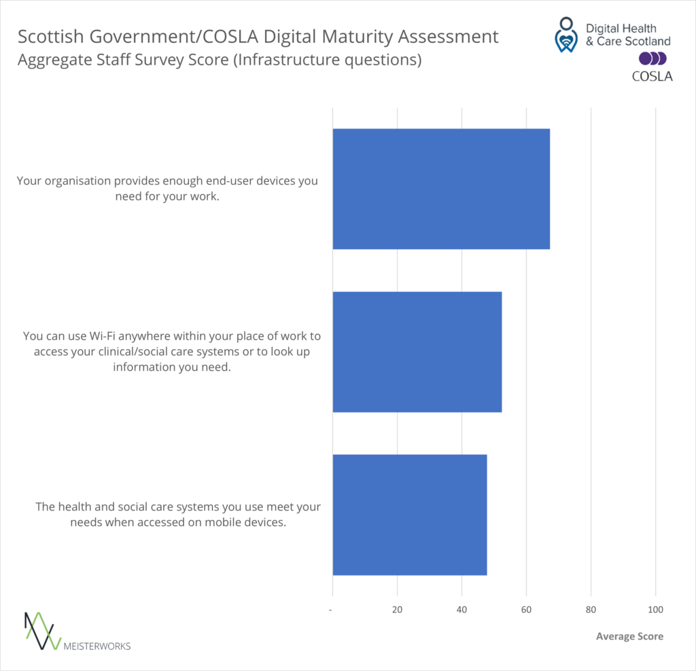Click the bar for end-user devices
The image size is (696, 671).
[x=440, y=189]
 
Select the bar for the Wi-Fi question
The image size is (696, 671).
[x=417, y=352]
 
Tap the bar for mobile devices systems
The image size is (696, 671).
[x=409, y=514]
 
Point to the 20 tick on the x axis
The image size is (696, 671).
[x=397, y=610]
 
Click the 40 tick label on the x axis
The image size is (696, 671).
[x=462, y=610]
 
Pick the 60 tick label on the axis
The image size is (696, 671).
[x=526, y=610]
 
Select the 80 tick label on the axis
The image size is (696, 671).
[x=591, y=610]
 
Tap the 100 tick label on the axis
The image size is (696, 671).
[x=655, y=610]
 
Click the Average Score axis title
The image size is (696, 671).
[x=629, y=636]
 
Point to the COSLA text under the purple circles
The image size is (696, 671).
[x=652, y=76]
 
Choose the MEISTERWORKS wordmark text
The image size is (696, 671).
[x=97, y=646]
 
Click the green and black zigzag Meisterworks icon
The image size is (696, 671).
[x=39, y=629]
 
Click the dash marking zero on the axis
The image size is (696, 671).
[x=331, y=610]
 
